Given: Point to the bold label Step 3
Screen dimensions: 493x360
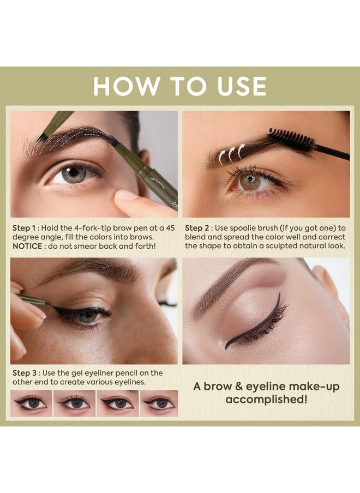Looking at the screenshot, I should tap(24, 373).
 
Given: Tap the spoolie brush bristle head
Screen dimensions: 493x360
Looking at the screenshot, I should tap(291, 140).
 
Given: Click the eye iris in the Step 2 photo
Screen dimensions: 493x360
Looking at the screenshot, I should tap(250, 182).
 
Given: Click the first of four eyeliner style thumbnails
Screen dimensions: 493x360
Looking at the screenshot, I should tap(32, 403).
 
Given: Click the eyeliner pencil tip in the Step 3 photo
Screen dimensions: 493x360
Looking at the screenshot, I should tap(50, 303).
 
